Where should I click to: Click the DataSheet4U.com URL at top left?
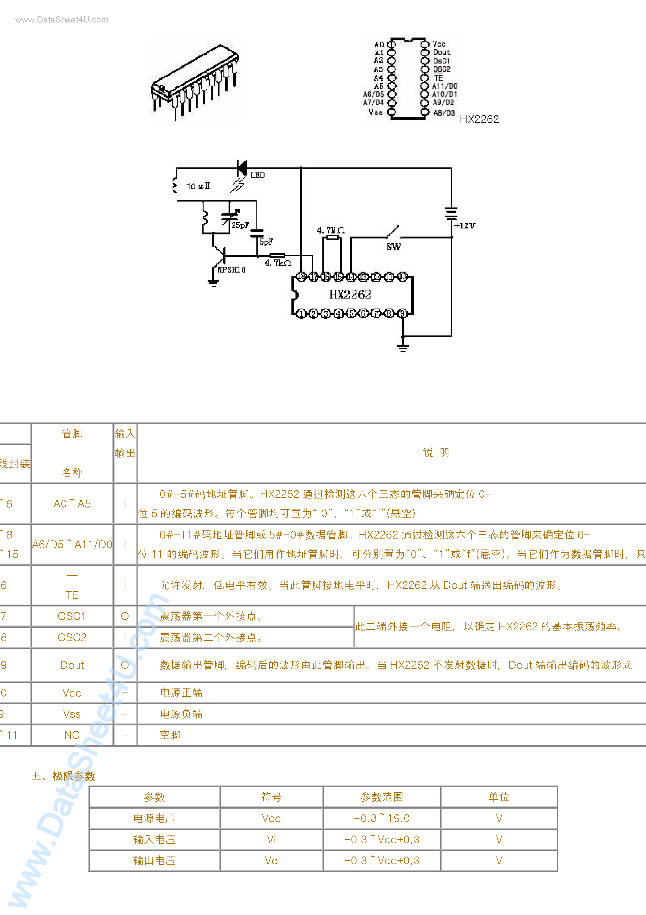coord(62,19)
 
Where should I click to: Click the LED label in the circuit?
coord(257,175)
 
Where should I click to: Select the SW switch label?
coord(393,246)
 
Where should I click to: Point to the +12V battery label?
coord(465,226)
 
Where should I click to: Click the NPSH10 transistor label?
coord(231,270)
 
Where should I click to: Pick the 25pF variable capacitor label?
coord(240,225)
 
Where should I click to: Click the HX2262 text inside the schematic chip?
coord(350,294)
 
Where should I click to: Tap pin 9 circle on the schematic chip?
coord(403,313)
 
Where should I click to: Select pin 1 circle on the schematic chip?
coord(301,313)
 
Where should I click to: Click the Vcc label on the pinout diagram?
coord(439,44)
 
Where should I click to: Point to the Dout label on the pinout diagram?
coord(442,52)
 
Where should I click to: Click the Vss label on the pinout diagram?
coord(376,112)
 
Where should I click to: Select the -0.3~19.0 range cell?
coord(381,818)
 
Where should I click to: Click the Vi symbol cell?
coord(271,840)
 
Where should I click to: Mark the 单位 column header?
coord(499,797)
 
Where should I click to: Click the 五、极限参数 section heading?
coord(63,776)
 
